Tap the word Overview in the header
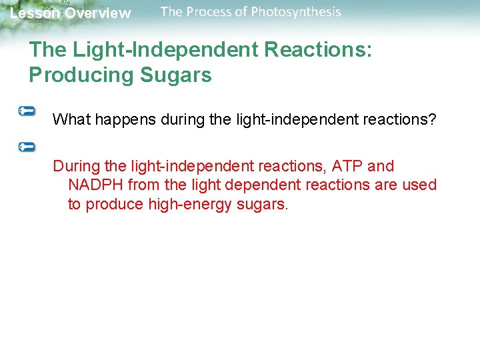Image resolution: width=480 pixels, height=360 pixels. click(97, 13)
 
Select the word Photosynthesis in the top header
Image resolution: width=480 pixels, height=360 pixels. click(295, 12)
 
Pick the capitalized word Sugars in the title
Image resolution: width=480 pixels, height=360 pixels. click(175, 75)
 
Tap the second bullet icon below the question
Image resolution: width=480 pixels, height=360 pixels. click(27, 146)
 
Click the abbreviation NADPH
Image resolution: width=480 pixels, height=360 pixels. click(95, 185)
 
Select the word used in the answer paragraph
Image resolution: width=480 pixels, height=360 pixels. click(420, 185)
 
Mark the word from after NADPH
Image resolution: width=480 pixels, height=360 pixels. click(143, 185)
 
